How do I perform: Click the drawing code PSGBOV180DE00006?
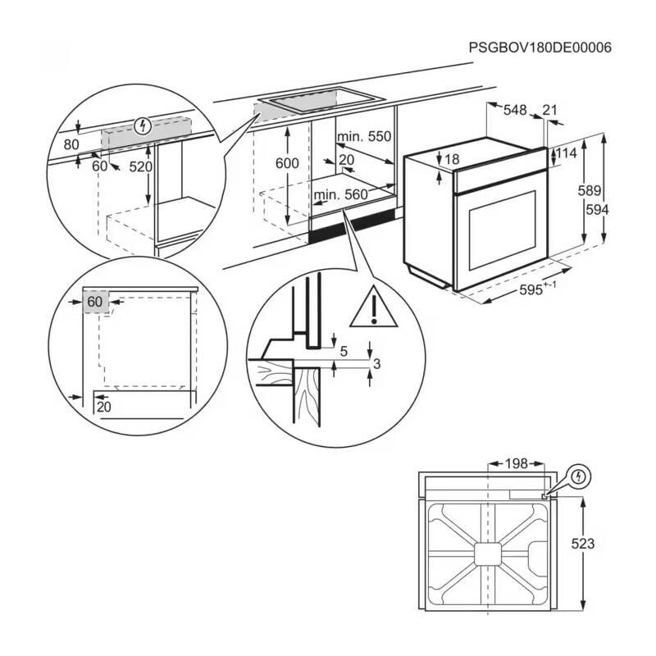tap(540, 48)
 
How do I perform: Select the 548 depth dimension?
tap(514, 110)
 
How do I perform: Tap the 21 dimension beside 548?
tap(549, 110)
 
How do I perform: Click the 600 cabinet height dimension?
tap(287, 163)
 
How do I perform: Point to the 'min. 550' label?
tap(363, 136)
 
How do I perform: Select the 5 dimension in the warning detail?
tap(344, 352)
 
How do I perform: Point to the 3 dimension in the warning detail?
tap(376, 363)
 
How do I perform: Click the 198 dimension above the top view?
tap(515, 464)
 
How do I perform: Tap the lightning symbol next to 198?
tap(579, 476)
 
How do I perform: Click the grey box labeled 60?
tap(95, 302)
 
